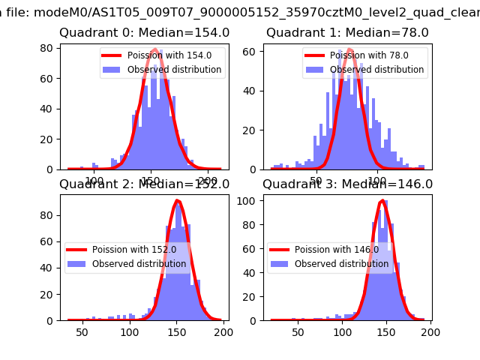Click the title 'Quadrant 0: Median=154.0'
[144, 33]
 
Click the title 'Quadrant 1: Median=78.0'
[347, 33]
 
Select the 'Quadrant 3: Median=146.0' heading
[347, 184]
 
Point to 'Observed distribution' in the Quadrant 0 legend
[174, 70]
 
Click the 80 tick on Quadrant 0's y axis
[50, 48]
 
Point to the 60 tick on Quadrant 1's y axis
[253, 51]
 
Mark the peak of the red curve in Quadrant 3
[382, 200]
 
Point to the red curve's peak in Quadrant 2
[177, 200]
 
